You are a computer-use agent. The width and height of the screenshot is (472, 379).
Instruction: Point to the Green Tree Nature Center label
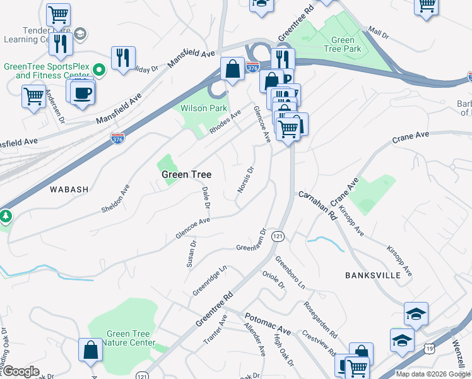129,339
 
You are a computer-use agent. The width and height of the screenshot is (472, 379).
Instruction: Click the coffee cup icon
82,93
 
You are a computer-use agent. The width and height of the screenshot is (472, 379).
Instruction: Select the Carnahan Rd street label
317,206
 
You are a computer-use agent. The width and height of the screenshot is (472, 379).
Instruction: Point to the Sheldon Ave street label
115,198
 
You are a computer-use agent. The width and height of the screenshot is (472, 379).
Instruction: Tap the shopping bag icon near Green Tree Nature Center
91,351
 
